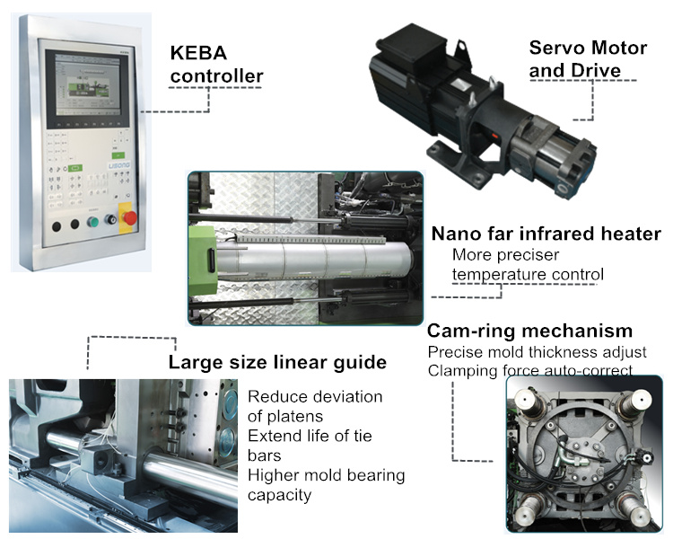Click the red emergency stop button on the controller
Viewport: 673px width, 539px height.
(x=129, y=218)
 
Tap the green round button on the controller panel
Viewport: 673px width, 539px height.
(x=92, y=222)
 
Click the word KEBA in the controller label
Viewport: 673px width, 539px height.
(x=198, y=53)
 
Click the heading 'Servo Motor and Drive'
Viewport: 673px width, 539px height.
(x=588, y=59)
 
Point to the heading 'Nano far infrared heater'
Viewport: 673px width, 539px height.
(x=546, y=234)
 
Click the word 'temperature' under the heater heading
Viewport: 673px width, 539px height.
(x=499, y=274)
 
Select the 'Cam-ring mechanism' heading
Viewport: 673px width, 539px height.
(x=529, y=331)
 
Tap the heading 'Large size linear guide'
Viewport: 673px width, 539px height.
(x=277, y=362)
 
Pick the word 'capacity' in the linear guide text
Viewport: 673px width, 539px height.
(x=279, y=495)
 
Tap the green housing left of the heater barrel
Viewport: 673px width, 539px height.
(x=202, y=260)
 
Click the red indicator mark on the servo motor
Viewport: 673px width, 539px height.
(x=494, y=137)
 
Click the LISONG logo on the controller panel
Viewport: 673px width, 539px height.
(x=118, y=165)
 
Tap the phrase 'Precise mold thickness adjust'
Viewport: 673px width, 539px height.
(x=537, y=352)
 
